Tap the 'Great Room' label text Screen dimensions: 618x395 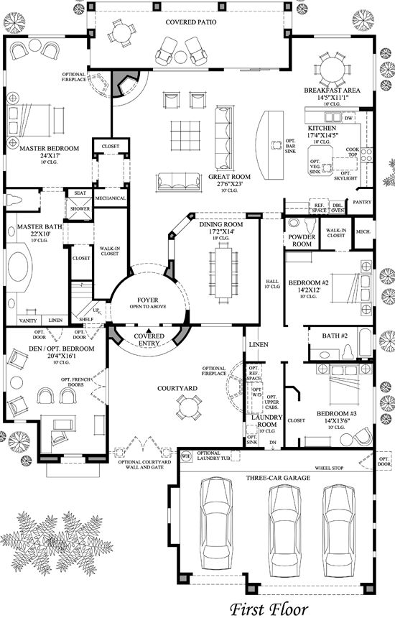coord(229,176)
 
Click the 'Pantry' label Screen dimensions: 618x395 coord(362,203)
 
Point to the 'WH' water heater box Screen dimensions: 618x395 coord(185,456)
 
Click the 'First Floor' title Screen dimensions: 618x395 coord(269,608)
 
